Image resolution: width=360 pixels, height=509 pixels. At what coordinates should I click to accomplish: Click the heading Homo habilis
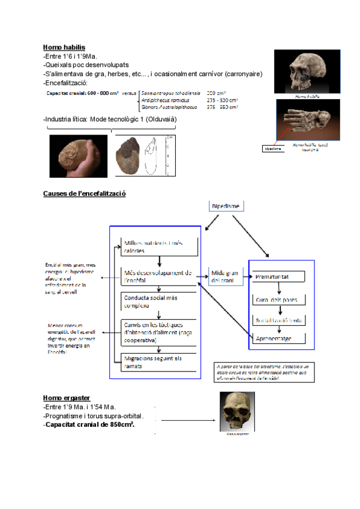point(64,47)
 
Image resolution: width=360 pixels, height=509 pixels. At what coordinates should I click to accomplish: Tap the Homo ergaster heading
point(65,398)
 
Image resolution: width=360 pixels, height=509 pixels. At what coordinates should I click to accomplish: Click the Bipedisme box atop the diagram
point(226,206)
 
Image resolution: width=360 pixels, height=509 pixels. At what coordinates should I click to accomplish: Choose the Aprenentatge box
point(278,339)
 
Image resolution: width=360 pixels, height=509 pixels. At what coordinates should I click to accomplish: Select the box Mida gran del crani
point(223,277)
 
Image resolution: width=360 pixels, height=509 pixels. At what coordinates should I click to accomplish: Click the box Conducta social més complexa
point(157,301)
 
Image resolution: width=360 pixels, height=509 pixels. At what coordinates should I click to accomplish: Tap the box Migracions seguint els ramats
point(157,361)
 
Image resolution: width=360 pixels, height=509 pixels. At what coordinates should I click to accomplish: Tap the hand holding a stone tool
point(78,155)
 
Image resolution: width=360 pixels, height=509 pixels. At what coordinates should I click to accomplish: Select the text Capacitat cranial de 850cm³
point(90,424)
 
